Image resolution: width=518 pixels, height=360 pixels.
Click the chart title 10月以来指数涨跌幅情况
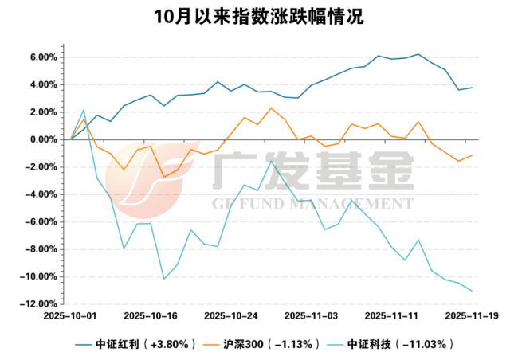pyautogui.click(x=259, y=17)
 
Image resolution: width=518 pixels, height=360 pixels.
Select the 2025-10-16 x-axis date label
pyautogui.click(x=151, y=316)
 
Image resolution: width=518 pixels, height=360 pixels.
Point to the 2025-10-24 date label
pyautogui.click(x=231, y=316)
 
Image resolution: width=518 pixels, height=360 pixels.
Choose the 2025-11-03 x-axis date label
pyautogui.click(x=311, y=316)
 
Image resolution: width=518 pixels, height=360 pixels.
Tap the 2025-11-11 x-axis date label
pyautogui.click(x=391, y=316)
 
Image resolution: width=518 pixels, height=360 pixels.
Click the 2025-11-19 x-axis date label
pyautogui.click(x=472, y=316)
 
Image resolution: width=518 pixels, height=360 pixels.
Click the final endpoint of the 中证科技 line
pyautogui.click(x=472, y=291)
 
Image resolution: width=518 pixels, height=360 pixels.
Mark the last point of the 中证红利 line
pyautogui.click(x=472, y=88)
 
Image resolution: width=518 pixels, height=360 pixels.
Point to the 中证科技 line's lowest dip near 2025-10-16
pyautogui.click(x=164, y=279)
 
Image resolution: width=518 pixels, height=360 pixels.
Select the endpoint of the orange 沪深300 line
pyautogui.click(x=472, y=155)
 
